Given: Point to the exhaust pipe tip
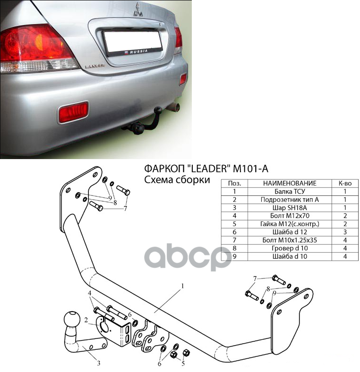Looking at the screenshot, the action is coord(175,108).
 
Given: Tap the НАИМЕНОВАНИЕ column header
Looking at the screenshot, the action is coord(290,183).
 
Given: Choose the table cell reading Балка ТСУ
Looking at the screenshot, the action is coord(290,192).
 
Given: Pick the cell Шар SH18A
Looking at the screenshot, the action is coord(290,208).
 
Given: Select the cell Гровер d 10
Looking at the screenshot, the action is coord(290,248).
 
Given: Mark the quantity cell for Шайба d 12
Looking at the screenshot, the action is coord(345,232).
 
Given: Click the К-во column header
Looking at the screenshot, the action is coord(345,183).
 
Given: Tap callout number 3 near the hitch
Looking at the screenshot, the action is coord(98,363).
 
